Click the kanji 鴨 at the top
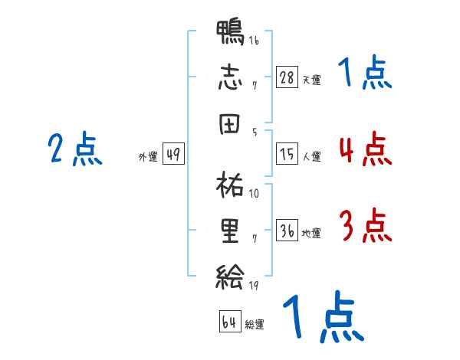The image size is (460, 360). point(230,34)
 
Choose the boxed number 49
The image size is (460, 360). point(173,154)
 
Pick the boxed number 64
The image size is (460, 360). point(229,322)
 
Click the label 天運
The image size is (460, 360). point(312,80)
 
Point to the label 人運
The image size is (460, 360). point(312,156)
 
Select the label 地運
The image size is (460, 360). point(312,233)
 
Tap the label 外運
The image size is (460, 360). point(147,156)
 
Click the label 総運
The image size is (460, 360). point(255,324)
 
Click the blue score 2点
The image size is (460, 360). point(75,149)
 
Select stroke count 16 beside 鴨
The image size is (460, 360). point(253,41)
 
